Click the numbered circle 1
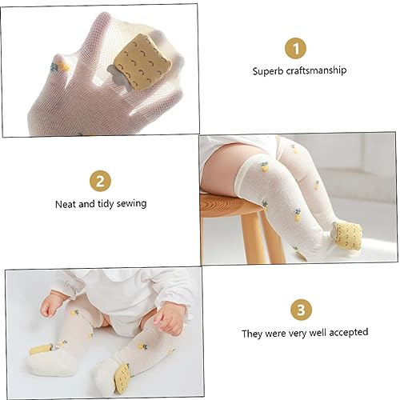pyautogui.click(x=298, y=48)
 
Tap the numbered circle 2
pyautogui.click(x=99, y=180)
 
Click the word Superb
pyautogui.click(x=268, y=70)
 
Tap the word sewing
pyautogui.click(x=130, y=203)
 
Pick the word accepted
pyautogui.click(x=347, y=331)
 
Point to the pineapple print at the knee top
pyautogui.click(x=264, y=166)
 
